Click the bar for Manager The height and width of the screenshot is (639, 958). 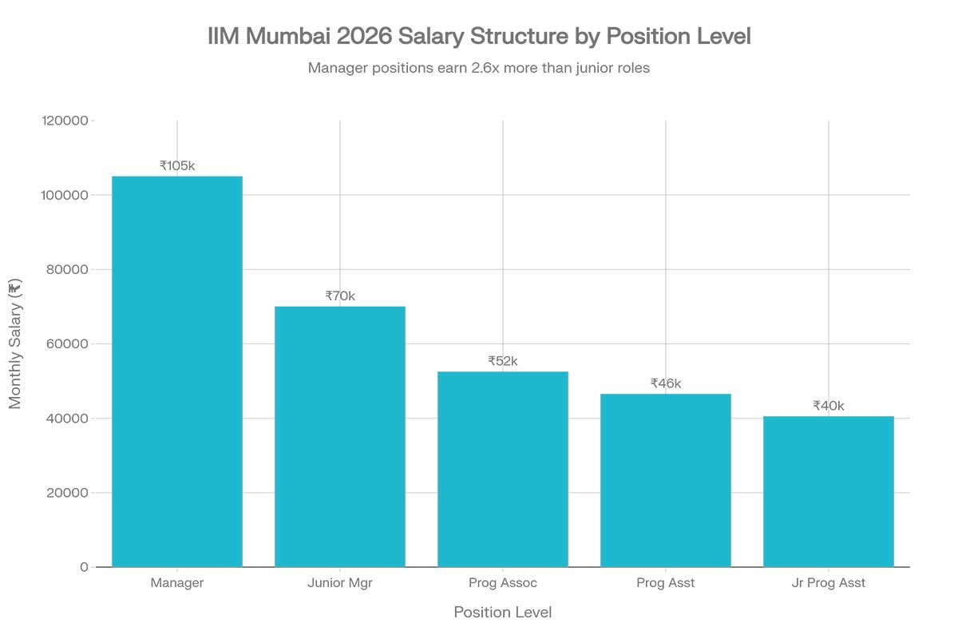tap(177, 371)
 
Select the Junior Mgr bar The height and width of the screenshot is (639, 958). tap(340, 436)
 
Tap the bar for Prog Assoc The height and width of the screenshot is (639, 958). tap(503, 469)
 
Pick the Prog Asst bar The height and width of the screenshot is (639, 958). tap(666, 480)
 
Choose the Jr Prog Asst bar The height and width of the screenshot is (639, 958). tap(829, 491)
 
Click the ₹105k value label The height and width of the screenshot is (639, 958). tap(177, 165)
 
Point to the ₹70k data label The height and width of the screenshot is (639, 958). tap(340, 296)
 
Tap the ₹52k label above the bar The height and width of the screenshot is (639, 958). tap(503, 361)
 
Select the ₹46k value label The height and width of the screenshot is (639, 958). tap(666, 383)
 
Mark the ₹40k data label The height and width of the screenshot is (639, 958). tap(829, 406)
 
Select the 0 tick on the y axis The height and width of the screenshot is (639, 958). tap(84, 567)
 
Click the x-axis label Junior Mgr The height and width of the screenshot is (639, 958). tap(340, 583)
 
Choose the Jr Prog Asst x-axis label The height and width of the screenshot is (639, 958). tap(829, 583)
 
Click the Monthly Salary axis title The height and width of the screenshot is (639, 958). tap(15, 343)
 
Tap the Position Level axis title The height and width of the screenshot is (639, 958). tap(503, 613)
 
